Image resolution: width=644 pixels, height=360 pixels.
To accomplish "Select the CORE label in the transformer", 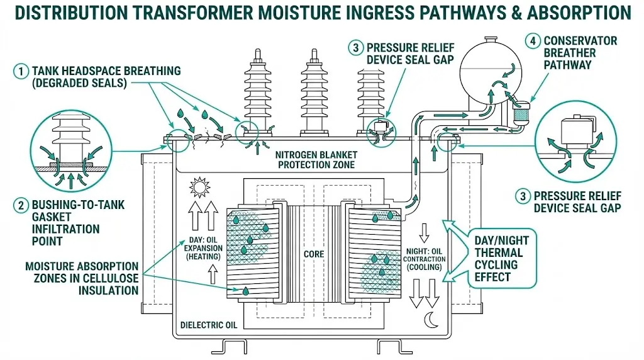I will [x=313, y=254].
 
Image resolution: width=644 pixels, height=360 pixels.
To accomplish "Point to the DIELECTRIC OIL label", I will [x=209, y=325].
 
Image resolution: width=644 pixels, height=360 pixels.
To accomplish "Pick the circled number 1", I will [x=20, y=71].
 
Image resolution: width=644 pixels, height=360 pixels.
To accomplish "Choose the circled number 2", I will [x=20, y=205].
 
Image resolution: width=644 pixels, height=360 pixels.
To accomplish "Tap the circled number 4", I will [x=533, y=42].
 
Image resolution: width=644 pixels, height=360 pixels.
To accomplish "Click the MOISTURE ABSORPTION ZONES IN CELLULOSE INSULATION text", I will [x=82, y=278].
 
